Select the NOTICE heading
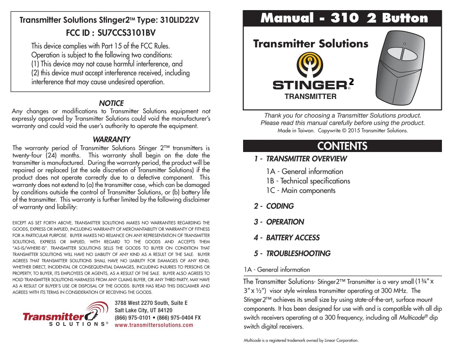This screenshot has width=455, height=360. [111, 103]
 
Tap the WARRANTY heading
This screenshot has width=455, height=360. [111, 139]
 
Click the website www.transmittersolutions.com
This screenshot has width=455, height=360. [154, 325]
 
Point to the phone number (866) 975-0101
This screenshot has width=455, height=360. [133, 317]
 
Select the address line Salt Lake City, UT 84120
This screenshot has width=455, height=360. [143, 310]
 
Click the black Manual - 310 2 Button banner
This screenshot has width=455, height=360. [343, 18]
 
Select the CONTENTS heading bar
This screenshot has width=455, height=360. [343, 146]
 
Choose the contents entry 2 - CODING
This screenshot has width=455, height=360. [274, 206]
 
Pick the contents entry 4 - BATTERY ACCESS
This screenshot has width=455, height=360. [286, 238]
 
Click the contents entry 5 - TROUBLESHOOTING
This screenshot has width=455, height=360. [292, 253]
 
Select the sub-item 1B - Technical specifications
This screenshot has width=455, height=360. [308, 181]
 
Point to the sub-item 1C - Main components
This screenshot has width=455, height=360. [301, 191]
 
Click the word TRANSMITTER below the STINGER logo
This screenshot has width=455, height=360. [310, 96]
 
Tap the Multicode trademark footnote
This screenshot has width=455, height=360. [301, 340]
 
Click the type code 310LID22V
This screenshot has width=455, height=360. [177, 20]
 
